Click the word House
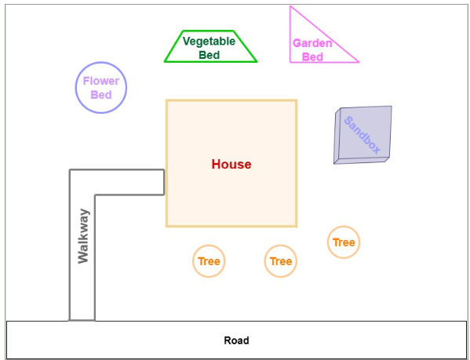(231, 164)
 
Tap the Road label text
(236, 340)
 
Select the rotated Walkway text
(83, 236)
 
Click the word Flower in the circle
(101, 81)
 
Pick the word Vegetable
(209, 42)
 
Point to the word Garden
(312, 43)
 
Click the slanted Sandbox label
(363, 135)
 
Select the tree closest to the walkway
(209, 261)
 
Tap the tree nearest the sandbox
(344, 242)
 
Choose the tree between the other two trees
(281, 261)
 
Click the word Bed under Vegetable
(209, 55)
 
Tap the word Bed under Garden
(312, 57)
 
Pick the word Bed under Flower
(101, 95)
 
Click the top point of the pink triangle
(290, 6)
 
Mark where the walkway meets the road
(82, 321)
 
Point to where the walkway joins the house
(164, 182)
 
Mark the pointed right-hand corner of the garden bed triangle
(359, 62)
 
